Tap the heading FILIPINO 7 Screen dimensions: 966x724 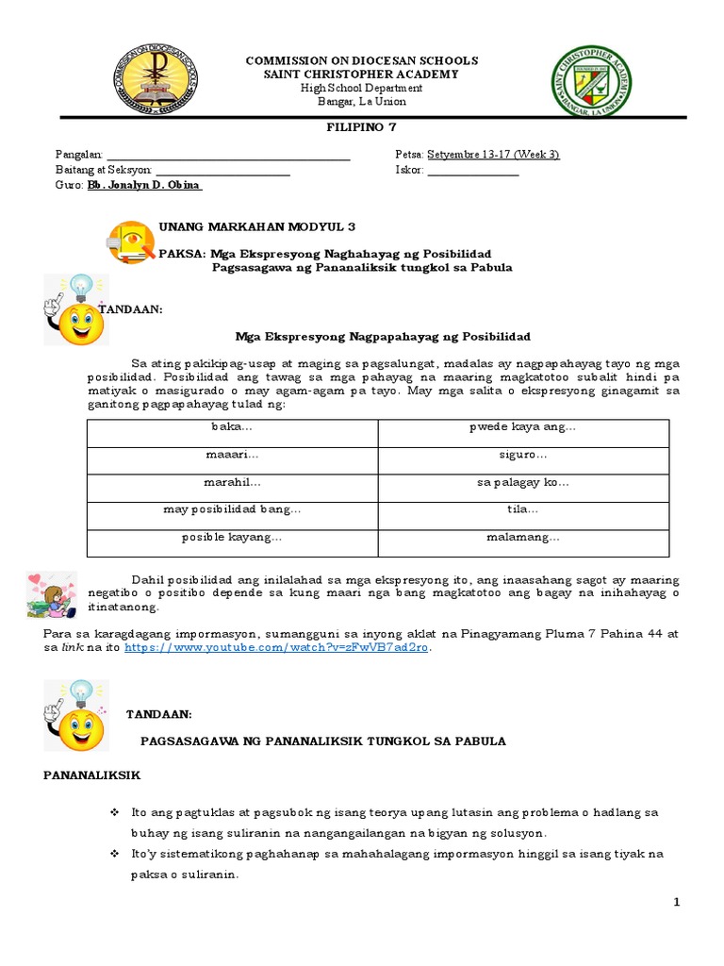[361, 128]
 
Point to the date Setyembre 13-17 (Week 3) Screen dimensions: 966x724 [493, 155]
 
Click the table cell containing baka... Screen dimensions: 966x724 [232, 427]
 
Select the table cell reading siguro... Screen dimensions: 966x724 [523, 455]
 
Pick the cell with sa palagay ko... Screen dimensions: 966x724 [523, 482]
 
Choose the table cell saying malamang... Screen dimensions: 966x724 [523, 538]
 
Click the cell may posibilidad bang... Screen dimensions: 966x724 [232, 510]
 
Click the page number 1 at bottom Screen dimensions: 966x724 [676, 903]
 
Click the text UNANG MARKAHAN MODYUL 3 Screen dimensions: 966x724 [243, 227]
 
